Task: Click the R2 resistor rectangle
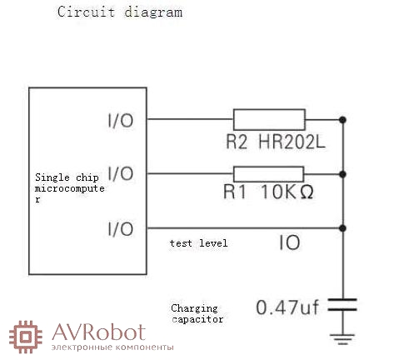pyautogui.click(x=269, y=120)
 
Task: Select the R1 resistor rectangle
pyautogui.click(x=268, y=174)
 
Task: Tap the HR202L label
pyautogui.click(x=292, y=142)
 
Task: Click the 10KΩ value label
pyautogui.click(x=287, y=192)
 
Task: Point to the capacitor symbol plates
pyautogui.click(x=342, y=305)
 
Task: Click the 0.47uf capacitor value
pyautogui.click(x=287, y=307)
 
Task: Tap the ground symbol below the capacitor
pyautogui.click(x=342, y=339)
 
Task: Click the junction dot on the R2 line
pyautogui.click(x=342, y=120)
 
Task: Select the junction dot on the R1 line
pyautogui.click(x=342, y=174)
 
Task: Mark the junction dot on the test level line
pyautogui.click(x=342, y=228)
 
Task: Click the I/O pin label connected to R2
pyautogui.click(x=121, y=121)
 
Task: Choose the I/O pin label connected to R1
pyautogui.click(x=121, y=173)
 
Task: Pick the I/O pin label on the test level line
pyautogui.click(x=121, y=228)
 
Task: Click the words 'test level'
pyautogui.click(x=198, y=243)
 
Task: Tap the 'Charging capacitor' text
pyautogui.click(x=197, y=313)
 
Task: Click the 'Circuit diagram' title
pyautogui.click(x=120, y=12)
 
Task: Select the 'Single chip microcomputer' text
pyautogui.click(x=69, y=188)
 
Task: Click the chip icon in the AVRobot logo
pyautogui.click(x=26, y=337)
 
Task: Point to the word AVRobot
pyautogui.click(x=98, y=332)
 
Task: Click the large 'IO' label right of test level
pyautogui.click(x=290, y=242)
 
